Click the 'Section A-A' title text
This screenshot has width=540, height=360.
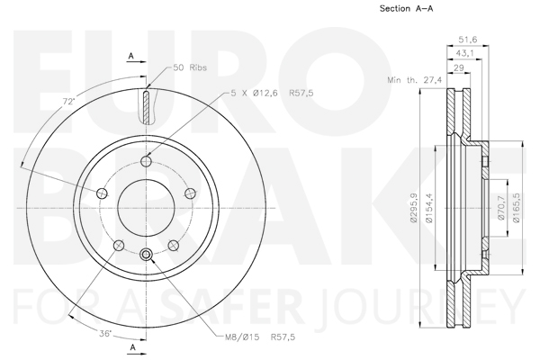pos(407,9)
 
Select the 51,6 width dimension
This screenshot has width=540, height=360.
pos(467,40)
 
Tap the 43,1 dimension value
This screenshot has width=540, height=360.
pos(464,53)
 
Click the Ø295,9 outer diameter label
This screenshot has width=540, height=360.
pos(414,208)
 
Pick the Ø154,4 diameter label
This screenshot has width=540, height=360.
pos(428,208)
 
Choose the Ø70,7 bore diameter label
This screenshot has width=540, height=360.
pos(500,208)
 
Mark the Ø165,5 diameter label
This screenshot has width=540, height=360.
pos(516,208)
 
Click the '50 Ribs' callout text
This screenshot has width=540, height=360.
pos(190,67)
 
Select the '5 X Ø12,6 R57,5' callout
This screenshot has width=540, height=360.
pos(272,93)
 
